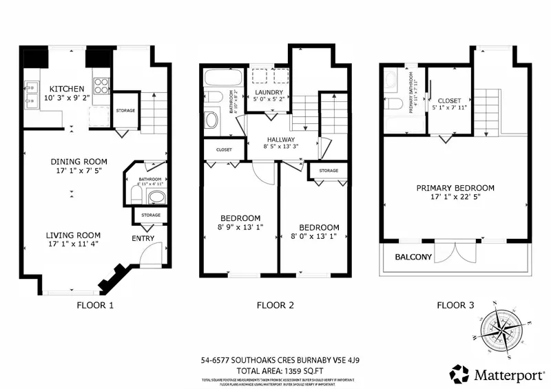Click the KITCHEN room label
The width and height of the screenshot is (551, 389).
coord(66,89)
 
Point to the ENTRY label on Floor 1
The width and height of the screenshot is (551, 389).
coord(143,238)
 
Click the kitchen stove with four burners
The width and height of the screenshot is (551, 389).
coord(101,85)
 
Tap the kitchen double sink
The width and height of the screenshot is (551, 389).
coord(31,95)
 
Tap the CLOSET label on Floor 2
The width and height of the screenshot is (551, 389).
coord(224,149)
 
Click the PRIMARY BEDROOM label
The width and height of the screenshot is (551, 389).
coord(455,188)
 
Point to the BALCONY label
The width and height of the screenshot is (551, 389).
coord(413,257)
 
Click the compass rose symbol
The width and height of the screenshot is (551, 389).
coord(507,327)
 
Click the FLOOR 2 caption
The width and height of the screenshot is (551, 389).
coord(275,305)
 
